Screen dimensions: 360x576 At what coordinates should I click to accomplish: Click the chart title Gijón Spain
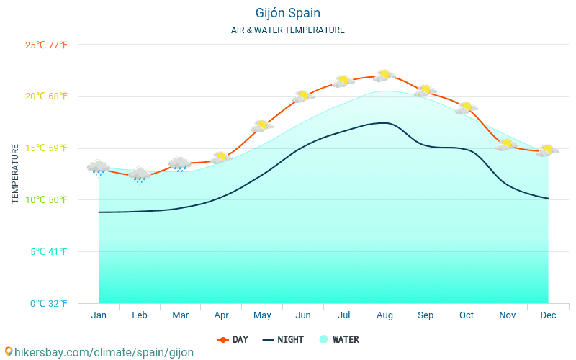pyautogui.click(x=288, y=13)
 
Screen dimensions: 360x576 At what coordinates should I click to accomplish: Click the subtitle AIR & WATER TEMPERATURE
pyautogui.click(x=288, y=30)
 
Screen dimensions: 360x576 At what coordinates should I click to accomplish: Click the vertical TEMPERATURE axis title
pyautogui.click(x=15, y=174)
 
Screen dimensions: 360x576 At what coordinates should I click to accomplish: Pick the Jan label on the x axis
pyautogui.click(x=99, y=315)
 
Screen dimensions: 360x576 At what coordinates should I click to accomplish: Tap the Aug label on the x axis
pyautogui.click(x=384, y=315)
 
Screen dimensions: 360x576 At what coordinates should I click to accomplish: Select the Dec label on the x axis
pyautogui.click(x=548, y=315)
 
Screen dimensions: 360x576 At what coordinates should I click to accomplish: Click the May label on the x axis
pyautogui.click(x=262, y=315)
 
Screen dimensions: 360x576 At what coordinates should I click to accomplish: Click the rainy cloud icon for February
pyautogui.click(x=139, y=174)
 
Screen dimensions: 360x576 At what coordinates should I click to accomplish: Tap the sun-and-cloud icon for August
pyautogui.click(x=384, y=75)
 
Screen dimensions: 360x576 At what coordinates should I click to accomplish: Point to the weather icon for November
pyautogui.click(x=507, y=145)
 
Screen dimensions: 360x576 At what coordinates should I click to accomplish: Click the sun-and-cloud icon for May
pyautogui.click(x=262, y=126)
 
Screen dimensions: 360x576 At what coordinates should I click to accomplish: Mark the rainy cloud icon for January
pyautogui.click(x=99, y=168)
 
